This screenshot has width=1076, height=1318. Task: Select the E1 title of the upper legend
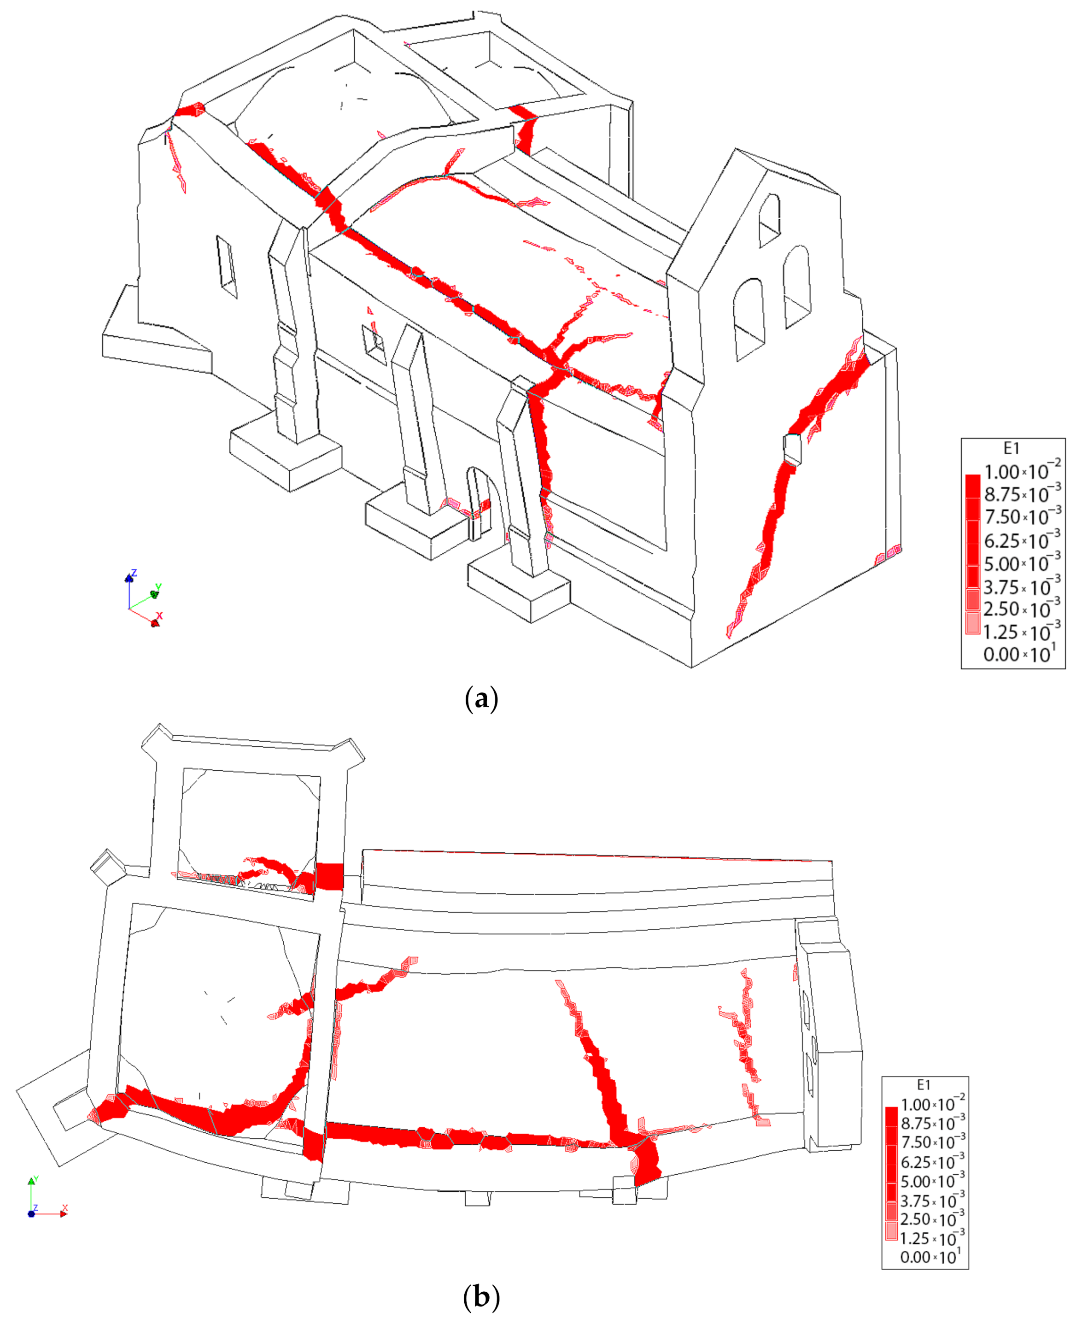pyautogui.click(x=1011, y=448)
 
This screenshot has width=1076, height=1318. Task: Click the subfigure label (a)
pyautogui.click(x=481, y=699)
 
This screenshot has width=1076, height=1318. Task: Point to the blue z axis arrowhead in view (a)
pyautogui.click(x=129, y=577)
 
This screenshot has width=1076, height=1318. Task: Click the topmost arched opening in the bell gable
pyautogui.click(x=769, y=220)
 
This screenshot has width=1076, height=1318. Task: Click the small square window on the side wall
pyautogui.click(x=374, y=340)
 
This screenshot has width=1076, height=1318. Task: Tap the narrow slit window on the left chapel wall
pyautogui.click(x=226, y=267)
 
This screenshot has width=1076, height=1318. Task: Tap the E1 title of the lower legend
pyautogui.click(x=923, y=1084)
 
